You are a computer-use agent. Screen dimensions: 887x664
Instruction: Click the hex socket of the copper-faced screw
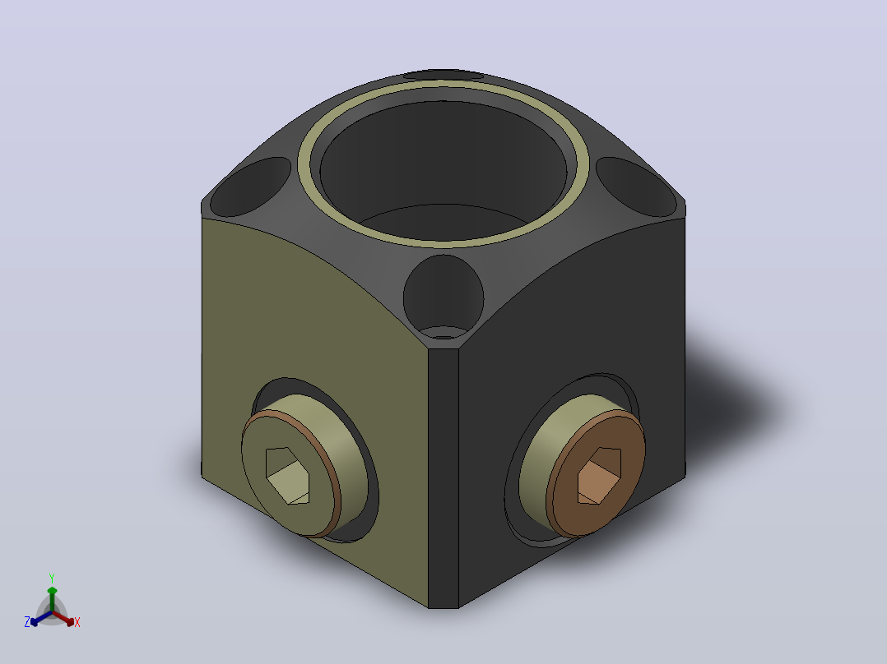[x=599, y=476]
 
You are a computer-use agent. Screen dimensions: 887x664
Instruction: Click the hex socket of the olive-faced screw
[x=287, y=476]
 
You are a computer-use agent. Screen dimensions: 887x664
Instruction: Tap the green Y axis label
[x=52, y=579]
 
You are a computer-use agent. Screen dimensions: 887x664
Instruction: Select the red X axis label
[x=77, y=622]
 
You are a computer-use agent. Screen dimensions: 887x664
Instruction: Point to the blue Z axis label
[x=27, y=622]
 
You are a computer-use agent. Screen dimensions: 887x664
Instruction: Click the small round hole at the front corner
[x=443, y=297]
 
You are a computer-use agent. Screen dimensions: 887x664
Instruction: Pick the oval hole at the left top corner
[x=250, y=187]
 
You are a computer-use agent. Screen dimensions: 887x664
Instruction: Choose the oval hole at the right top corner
[x=636, y=187]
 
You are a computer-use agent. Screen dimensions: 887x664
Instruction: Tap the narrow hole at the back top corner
[x=443, y=74]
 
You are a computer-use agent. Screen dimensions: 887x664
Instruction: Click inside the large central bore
[x=443, y=169]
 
